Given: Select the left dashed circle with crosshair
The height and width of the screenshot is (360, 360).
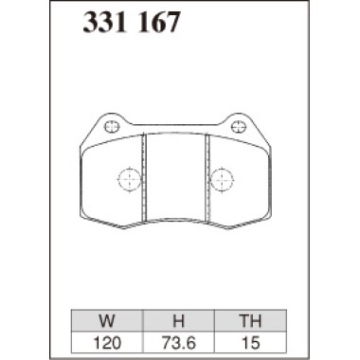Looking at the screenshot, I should pos(127,177).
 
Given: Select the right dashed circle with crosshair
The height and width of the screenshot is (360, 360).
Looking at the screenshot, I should pos(221,177).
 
